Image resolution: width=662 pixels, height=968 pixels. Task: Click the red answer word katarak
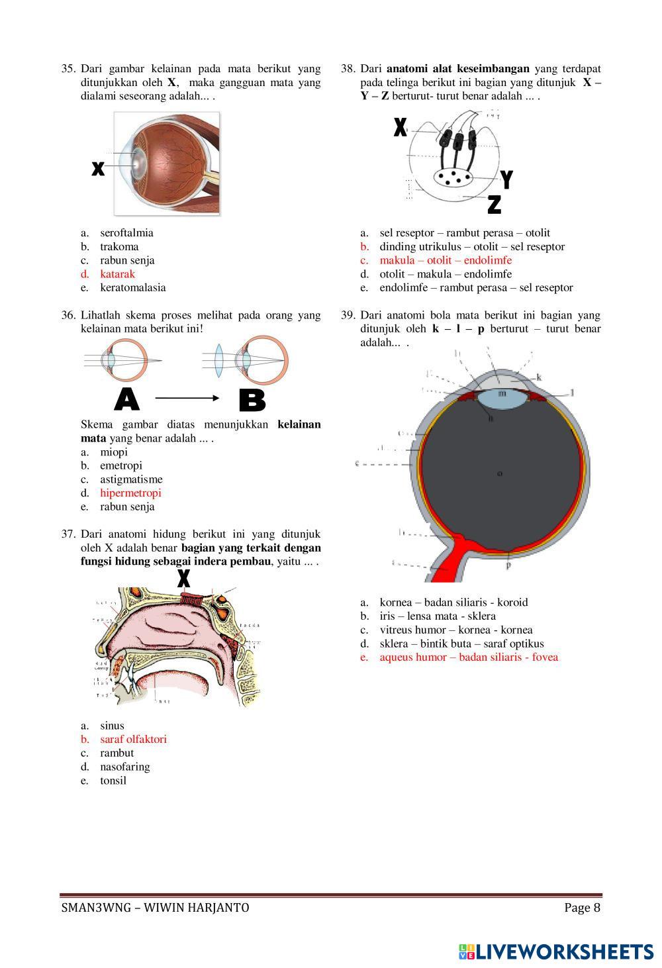117,274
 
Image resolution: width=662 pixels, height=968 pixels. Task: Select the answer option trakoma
119,247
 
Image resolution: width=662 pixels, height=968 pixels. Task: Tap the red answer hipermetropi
130,493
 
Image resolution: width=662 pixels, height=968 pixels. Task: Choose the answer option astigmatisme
131,479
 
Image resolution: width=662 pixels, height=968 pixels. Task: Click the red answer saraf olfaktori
133,740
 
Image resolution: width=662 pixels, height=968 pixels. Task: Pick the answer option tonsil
113,781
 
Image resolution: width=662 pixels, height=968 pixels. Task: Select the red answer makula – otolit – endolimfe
446,260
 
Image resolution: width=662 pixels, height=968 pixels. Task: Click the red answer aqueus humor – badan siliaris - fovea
469,657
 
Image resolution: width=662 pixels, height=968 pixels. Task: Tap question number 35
68,69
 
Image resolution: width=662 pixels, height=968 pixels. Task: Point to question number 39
348,315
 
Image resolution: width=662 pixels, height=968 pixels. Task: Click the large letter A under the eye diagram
127,399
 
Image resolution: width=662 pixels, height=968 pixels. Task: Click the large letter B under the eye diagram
252,400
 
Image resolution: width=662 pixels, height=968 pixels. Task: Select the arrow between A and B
187,398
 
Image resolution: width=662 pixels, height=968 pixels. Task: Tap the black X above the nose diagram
183,578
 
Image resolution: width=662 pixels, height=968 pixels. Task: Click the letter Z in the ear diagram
494,205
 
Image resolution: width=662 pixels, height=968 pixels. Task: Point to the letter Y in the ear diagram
506,179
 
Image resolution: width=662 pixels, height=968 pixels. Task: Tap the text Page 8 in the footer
582,908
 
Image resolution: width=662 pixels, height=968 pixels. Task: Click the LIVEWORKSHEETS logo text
565,951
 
